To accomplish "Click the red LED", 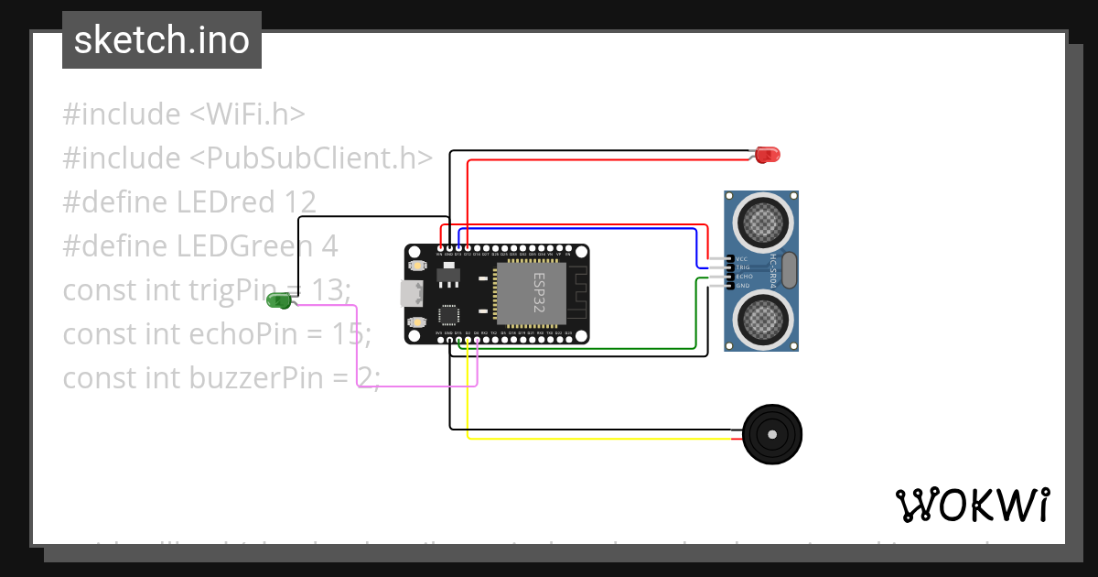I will click(768, 155).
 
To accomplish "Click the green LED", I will click(278, 300).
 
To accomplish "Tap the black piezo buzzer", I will click(773, 434).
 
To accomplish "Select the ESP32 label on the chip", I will click(539, 293).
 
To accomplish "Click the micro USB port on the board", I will click(410, 294).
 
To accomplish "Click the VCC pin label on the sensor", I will click(742, 258).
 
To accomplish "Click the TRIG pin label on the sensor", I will click(743, 267).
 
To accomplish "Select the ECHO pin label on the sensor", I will click(743, 277).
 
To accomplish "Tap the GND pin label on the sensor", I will click(742, 286).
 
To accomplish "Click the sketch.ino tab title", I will click(162, 40).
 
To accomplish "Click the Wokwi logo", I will click(973, 505).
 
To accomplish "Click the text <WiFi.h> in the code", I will click(247, 114).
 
